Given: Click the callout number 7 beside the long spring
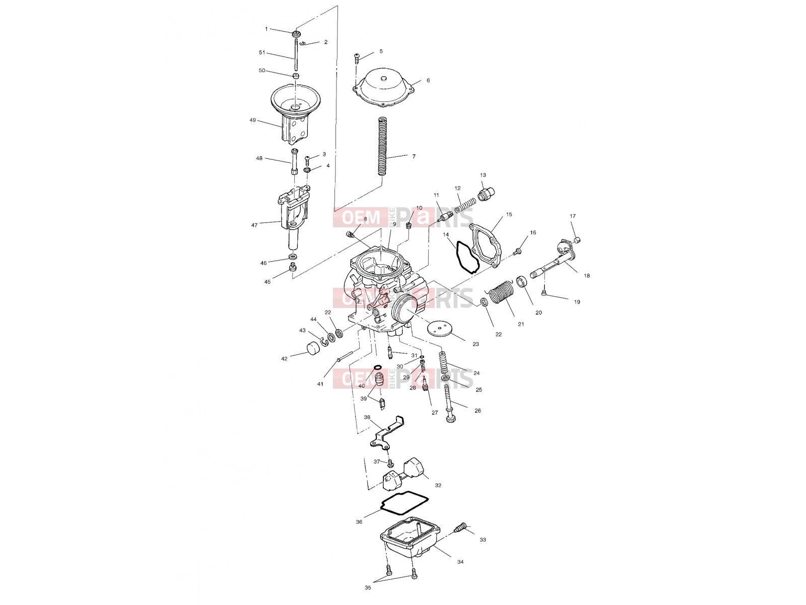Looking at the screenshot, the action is [x=414, y=156].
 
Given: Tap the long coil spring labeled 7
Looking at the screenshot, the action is [x=383, y=146].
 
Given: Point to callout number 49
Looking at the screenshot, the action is [x=253, y=120].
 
